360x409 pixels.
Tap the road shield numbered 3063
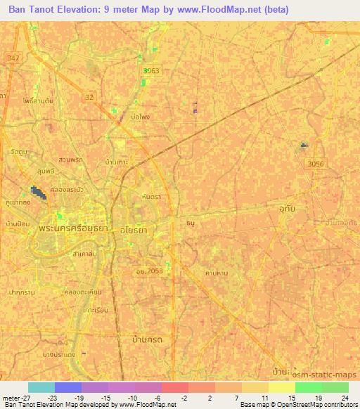click(151, 71)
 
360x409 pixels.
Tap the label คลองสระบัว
click(74, 189)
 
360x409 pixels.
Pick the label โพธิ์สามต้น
click(37, 102)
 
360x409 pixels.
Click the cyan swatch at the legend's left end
click(41, 387)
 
